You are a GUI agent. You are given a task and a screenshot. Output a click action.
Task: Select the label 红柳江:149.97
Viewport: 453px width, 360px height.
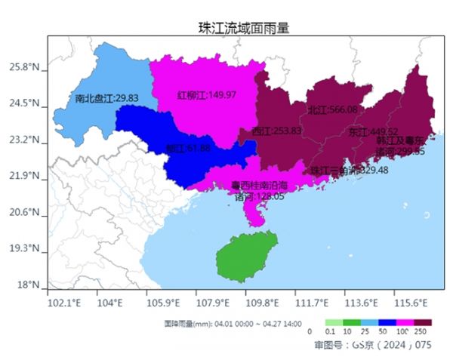pos(206,95)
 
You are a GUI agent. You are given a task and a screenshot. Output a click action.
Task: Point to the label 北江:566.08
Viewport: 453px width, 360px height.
pos(332,109)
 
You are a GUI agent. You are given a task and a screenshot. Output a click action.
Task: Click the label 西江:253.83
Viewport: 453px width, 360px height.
pos(276,131)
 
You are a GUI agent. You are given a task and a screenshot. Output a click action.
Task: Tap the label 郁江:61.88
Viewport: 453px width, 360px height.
pos(188,148)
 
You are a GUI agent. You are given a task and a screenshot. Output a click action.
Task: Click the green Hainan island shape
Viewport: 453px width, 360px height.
pos(245,257)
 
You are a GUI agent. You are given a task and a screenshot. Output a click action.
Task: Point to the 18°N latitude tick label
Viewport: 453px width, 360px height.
pos(28,285)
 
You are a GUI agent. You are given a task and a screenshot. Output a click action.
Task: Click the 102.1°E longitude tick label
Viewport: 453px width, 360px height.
pos(63,303)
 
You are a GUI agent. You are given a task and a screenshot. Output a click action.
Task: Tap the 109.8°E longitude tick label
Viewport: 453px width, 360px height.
pos(263,303)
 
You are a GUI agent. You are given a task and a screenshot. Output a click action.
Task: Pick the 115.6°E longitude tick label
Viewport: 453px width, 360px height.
pos(411,303)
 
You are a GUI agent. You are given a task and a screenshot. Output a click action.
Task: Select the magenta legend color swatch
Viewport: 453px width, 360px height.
pos(404,322)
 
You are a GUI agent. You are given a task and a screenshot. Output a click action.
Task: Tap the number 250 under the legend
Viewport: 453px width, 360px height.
pos(421,331)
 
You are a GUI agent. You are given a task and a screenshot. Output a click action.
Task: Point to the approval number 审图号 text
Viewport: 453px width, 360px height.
pos(372,345)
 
